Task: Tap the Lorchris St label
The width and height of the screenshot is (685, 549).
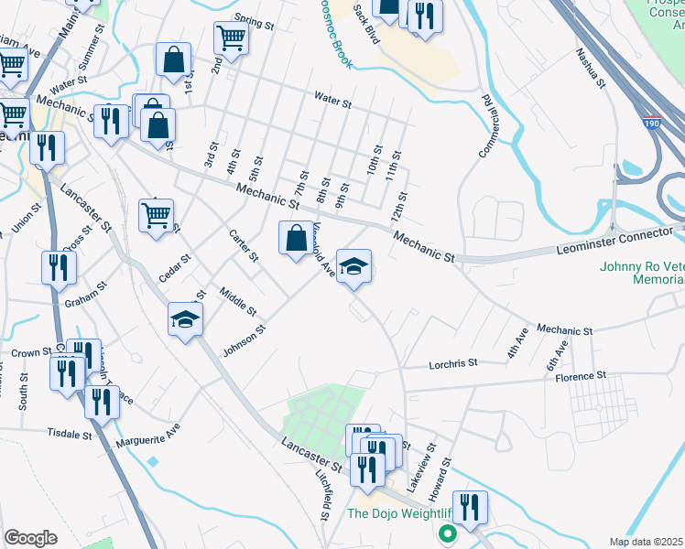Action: (x=454, y=363)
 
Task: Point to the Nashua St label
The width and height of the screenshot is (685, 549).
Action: (x=591, y=70)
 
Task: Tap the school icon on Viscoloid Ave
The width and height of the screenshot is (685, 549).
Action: (x=354, y=266)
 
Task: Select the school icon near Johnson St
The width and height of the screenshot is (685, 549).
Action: (x=185, y=319)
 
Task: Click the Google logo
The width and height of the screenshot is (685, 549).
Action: (x=30, y=537)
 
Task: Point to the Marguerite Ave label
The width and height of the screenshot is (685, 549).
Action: (x=147, y=436)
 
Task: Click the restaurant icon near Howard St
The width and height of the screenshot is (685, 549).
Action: (x=470, y=508)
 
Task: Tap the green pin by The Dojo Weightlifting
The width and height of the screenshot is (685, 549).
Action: (x=448, y=533)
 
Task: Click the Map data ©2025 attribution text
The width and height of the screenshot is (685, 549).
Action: (x=647, y=541)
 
